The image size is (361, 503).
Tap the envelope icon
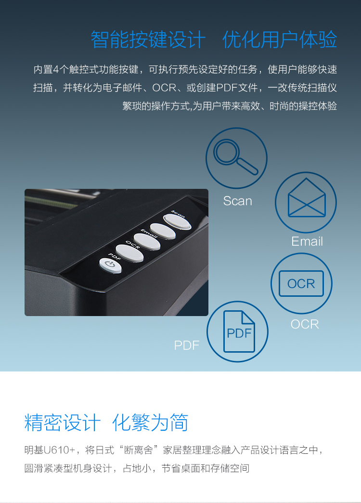307,198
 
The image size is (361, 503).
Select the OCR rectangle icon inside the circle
301,283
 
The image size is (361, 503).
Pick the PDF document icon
239,331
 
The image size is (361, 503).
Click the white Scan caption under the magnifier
238,201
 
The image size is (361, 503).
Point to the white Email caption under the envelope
307,241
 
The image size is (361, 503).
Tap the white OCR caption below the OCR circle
305,324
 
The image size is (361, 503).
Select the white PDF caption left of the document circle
187,345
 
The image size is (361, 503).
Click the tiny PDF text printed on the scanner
115,257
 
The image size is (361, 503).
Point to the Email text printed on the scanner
149,234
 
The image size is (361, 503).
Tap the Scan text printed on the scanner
178,214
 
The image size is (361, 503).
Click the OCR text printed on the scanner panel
132,245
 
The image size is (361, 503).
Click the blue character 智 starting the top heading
100,40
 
